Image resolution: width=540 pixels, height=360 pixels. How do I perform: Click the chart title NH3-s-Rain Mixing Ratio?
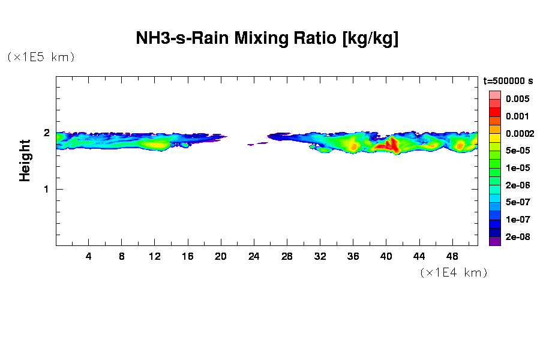coord(267,40)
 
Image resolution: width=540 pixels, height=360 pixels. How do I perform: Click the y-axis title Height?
coord(25,160)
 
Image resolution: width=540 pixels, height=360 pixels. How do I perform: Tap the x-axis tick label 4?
coord(89,256)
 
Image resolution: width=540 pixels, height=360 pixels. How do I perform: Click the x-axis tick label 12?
coord(155,256)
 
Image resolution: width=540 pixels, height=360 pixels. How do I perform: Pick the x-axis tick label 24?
coord(254,256)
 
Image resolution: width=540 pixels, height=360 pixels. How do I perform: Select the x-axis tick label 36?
coord(353,256)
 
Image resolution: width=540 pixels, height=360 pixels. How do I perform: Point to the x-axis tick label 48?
coord(452,256)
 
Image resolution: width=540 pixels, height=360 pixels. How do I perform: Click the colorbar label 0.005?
coord(517,99)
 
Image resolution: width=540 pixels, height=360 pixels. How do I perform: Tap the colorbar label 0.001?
coord(517,116)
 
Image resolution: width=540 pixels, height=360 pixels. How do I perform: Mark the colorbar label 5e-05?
coord(517,151)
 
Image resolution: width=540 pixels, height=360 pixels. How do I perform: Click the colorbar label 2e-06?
coord(517,185)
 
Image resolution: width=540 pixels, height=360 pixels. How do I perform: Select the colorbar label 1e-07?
coord(517,220)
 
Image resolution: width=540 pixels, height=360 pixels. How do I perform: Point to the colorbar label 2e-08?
coord(517,237)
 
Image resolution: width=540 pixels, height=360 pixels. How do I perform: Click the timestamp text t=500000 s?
coord(508,81)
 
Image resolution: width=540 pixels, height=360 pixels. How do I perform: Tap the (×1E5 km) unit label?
coord(41,57)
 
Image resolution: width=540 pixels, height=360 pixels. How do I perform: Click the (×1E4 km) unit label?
coord(453,273)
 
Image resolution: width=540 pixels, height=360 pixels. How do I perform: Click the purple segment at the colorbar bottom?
coord(494,242)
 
